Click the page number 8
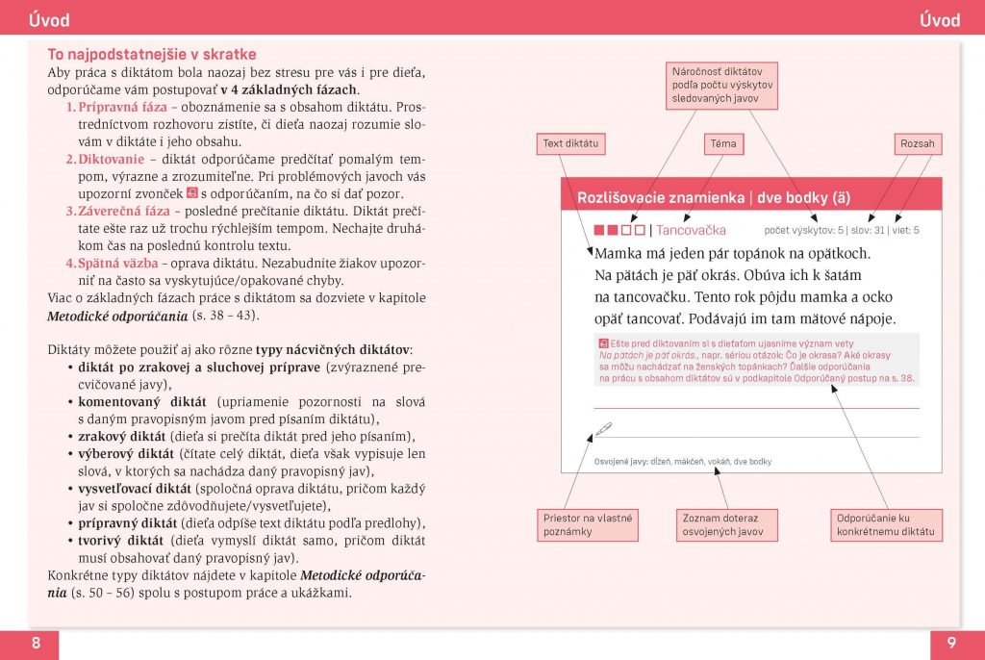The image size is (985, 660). click(36, 644)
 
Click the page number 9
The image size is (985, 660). click(949, 644)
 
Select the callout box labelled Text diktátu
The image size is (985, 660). click(571, 144)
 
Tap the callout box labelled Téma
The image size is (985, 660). click(722, 144)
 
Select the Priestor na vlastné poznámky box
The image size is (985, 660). click(588, 524)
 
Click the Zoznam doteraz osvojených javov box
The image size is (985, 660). click(722, 524)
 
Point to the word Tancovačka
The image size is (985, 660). click(691, 230)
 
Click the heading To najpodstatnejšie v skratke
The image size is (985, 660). click(152, 55)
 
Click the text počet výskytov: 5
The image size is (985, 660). click(804, 231)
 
